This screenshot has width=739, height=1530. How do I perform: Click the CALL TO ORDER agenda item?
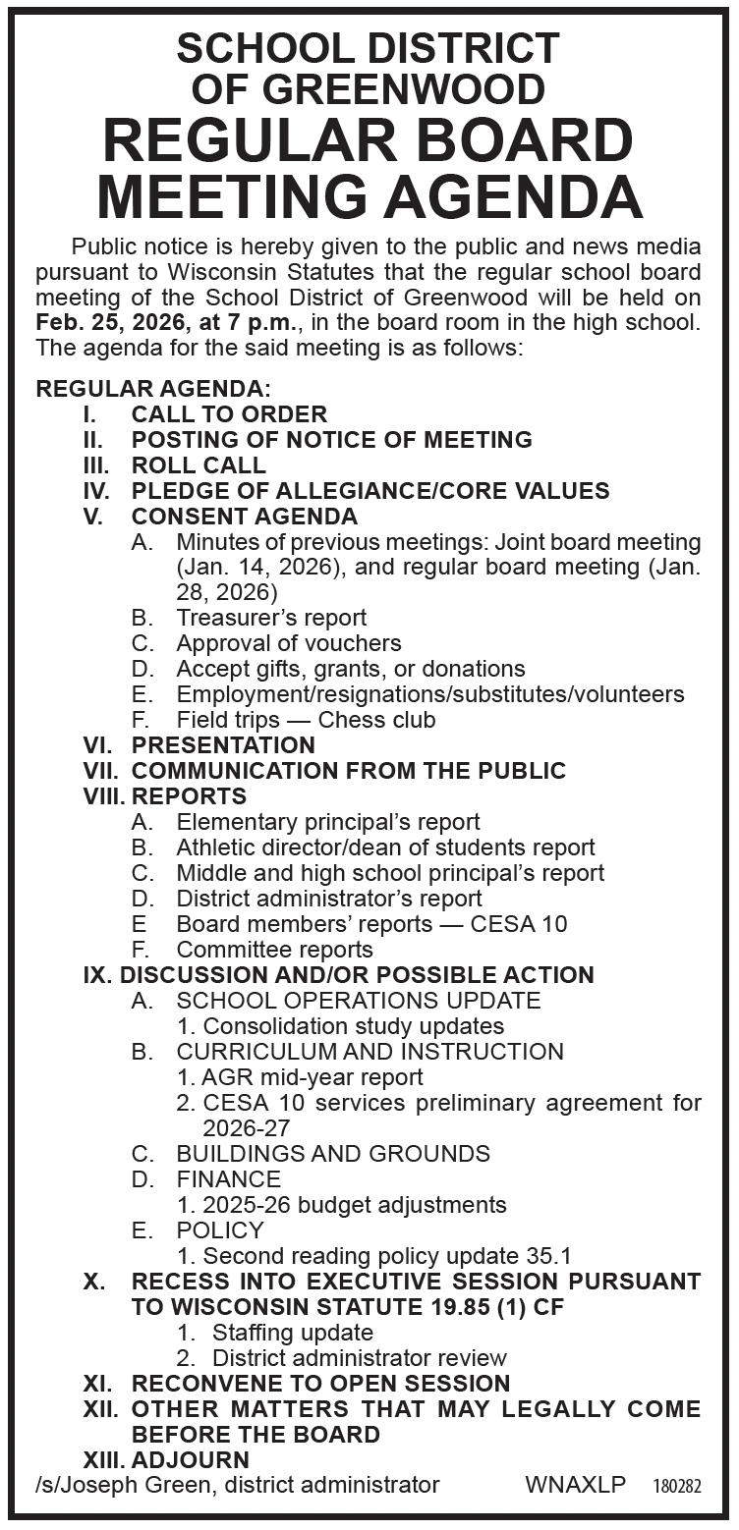coord(229,414)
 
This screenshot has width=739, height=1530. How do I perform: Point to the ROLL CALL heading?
coord(199,465)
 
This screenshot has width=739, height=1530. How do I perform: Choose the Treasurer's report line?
coord(271,618)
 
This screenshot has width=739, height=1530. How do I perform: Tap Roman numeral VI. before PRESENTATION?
coord(101,745)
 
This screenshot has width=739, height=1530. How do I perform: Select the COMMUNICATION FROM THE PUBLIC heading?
coord(349,771)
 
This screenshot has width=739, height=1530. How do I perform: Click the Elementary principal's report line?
coord(328,822)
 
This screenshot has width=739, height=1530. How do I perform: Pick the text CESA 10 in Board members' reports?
coord(519,924)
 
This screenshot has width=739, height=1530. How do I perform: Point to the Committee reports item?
coord(274,950)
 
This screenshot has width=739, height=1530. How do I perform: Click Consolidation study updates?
coord(353,1026)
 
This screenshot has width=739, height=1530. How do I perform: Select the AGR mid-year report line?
coord(312,1077)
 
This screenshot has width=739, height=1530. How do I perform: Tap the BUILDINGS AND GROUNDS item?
coord(333,1154)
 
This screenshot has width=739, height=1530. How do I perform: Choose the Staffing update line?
coord(292,1333)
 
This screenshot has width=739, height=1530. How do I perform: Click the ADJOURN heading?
coord(191,1460)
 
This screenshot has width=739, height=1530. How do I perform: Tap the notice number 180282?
coord(676,1487)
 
